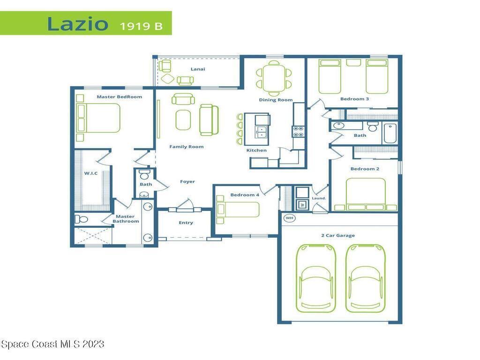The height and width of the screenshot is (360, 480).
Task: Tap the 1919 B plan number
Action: coord(141,26)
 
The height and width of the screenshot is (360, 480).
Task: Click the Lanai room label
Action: coord(198,69)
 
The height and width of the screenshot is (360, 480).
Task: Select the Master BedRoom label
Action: coord(120,97)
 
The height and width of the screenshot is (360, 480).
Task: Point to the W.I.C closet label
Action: coord(91,173)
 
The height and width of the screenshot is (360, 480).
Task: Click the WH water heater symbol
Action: coord(289,218)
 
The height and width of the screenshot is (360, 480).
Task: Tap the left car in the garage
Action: coord(315,278)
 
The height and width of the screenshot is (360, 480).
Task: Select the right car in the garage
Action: coord(366,278)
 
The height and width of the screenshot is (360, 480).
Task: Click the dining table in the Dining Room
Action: coord(274,78)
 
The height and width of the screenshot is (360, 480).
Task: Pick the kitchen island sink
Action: coord(262,132)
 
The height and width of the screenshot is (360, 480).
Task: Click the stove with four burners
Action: coord(299,132)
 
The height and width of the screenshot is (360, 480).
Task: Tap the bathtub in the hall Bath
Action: coord(390,133)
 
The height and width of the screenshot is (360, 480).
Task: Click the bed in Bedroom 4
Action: coord(238,210)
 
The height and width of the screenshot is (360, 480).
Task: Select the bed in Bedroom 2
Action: coord(366,194)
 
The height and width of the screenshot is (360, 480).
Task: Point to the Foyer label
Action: coord(187,181)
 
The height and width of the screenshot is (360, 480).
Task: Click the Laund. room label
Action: coord(319,198)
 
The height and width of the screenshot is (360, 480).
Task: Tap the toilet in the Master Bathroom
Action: coord(82,219)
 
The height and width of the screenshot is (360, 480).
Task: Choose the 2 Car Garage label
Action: coord(338,235)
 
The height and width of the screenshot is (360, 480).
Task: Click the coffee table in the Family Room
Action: coord(183,120)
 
